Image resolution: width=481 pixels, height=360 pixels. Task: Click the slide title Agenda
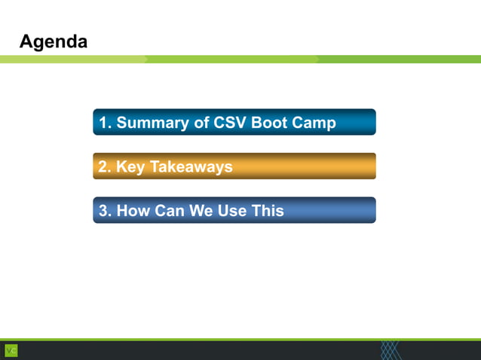[x=53, y=41]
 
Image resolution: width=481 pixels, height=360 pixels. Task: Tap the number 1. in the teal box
[x=106, y=123]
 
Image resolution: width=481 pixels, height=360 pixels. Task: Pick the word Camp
[x=314, y=123]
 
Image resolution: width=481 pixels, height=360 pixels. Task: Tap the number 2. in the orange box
[x=106, y=167]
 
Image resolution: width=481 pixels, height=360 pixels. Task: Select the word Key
[x=130, y=167]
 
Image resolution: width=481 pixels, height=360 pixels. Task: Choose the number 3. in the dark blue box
[x=106, y=211]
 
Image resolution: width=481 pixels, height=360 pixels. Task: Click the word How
[x=133, y=211]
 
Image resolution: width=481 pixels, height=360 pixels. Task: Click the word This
[x=268, y=211]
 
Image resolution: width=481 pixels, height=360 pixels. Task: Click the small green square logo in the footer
[x=11, y=350]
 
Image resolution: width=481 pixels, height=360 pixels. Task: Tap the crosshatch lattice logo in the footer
[x=391, y=350]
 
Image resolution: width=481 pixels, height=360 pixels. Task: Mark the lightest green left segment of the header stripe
[x=72, y=59]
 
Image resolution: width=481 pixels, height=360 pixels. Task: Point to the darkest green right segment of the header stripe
[x=400, y=59]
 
